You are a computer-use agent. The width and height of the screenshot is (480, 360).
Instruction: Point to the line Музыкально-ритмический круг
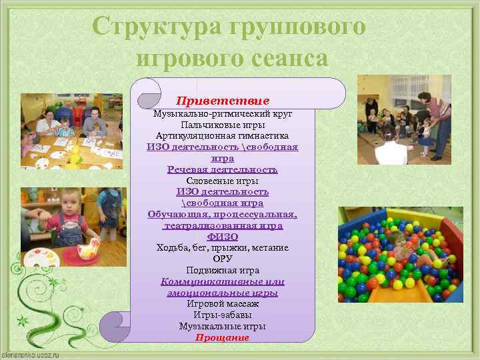[222, 113]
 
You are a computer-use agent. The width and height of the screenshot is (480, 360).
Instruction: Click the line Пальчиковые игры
[222, 125]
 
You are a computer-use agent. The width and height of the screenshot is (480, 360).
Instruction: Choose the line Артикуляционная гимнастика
[222, 136]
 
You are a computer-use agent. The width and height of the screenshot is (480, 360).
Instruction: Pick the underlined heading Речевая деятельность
[222, 169]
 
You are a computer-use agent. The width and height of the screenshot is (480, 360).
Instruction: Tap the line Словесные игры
[222, 181]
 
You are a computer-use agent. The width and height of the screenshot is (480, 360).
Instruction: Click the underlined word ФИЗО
[222, 237]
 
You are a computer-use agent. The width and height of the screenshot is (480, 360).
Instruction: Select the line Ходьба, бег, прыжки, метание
[222, 248]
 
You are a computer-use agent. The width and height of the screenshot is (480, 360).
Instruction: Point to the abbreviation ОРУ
[222, 259]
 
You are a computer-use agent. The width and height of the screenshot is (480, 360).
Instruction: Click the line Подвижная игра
[222, 271]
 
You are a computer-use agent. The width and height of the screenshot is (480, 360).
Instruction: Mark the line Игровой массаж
[222, 304]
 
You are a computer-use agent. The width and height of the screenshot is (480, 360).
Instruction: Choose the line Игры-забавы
[222, 315]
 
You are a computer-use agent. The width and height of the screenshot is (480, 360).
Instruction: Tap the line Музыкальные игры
[222, 327]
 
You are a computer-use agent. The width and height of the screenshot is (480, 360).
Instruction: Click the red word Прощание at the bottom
[222, 337]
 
